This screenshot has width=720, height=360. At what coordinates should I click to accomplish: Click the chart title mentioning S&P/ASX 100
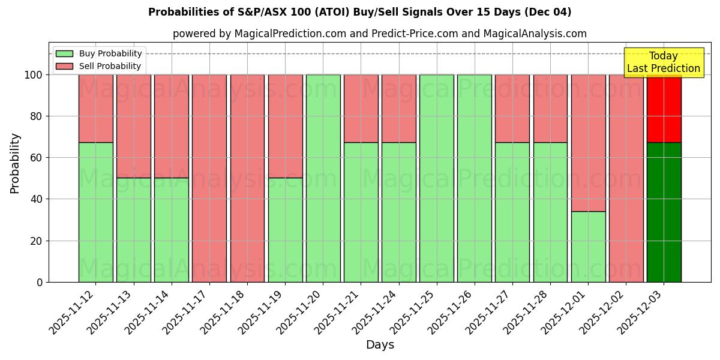click(x=359, y=12)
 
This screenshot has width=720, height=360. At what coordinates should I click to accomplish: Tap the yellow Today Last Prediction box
click(x=663, y=62)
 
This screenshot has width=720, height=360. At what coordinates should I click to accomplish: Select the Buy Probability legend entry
click(x=100, y=53)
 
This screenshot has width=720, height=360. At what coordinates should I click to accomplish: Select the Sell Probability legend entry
click(x=100, y=66)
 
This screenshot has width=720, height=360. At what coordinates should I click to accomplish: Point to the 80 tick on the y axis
click(x=37, y=116)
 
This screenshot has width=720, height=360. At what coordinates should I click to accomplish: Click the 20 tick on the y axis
click(x=37, y=241)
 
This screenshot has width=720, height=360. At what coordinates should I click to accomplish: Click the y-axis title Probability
click(x=15, y=163)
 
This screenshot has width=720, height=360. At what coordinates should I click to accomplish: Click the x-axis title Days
click(x=380, y=345)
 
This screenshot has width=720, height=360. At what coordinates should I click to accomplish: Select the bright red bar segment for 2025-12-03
click(x=664, y=109)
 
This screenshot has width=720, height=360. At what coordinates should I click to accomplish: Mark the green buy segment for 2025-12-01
click(x=588, y=247)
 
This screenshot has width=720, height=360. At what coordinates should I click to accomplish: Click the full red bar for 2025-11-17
click(x=209, y=178)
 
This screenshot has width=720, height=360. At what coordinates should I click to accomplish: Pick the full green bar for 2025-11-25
click(x=436, y=178)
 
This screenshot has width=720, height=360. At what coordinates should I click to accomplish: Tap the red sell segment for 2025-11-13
click(x=133, y=126)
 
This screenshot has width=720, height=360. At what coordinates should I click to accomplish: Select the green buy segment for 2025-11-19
click(x=285, y=230)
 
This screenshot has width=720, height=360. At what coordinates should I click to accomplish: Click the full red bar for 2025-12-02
click(x=626, y=178)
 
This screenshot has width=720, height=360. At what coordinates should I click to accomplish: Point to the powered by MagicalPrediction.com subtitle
click(x=380, y=34)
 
